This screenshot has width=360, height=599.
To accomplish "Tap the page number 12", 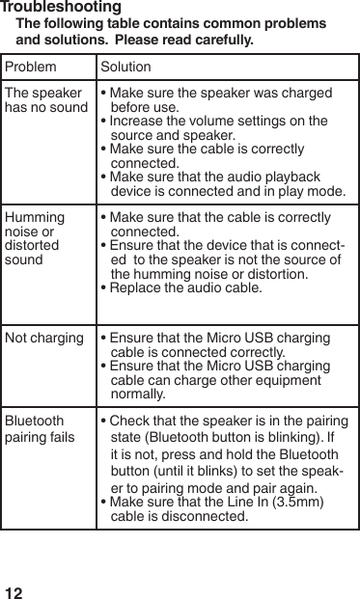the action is click(14, 588).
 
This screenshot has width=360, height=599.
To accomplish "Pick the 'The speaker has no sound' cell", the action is click(46, 100).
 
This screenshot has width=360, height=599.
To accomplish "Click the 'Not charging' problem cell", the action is click(43, 339).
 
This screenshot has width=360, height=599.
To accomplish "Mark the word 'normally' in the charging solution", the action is click(137, 394).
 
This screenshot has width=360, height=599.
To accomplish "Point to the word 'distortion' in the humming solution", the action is click(274, 274).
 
